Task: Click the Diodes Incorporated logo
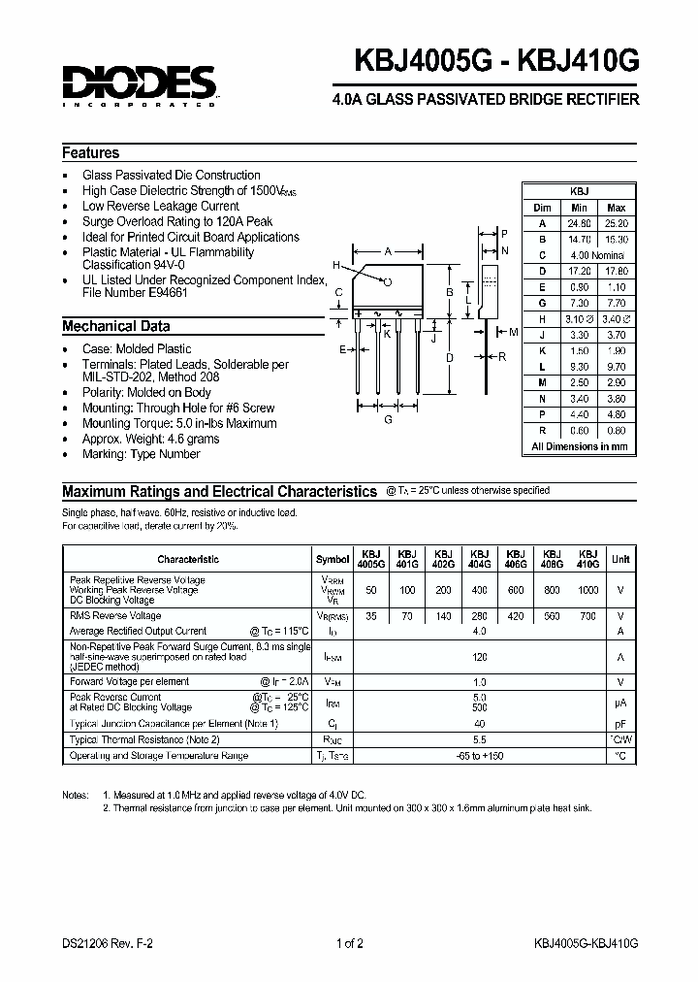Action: pyautogui.click(x=139, y=84)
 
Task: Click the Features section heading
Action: pyautogui.click(x=91, y=153)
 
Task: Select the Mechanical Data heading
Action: pyautogui.click(x=116, y=326)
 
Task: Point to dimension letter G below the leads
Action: pyautogui.click(x=389, y=419)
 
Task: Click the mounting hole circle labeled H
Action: pyautogui.click(x=387, y=282)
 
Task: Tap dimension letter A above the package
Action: pyautogui.click(x=388, y=250)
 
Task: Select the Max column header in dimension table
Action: pyautogui.click(x=616, y=208)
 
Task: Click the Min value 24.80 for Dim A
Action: pyautogui.click(x=579, y=222)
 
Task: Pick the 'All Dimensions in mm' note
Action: pyautogui.click(x=579, y=446)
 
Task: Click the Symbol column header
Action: pyautogui.click(x=333, y=559)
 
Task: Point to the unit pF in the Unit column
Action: pyautogui.click(x=620, y=724)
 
